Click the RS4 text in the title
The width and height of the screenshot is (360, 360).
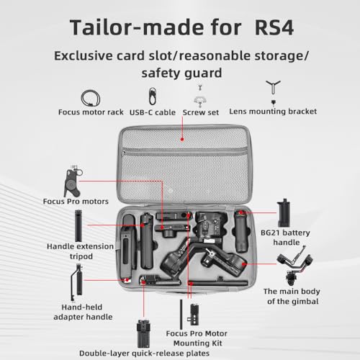click(274, 27)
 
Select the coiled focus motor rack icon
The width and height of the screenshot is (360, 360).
click(90, 98)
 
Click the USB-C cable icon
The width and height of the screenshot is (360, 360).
click(153, 96)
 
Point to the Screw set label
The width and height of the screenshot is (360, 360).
click(201, 112)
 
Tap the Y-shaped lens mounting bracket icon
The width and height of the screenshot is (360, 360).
click(273, 87)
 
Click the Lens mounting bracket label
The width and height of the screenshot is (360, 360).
click(273, 112)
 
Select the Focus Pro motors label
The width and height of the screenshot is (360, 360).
click(76, 202)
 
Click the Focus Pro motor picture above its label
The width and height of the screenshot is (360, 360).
click(73, 181)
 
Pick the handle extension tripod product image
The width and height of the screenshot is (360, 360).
click(78, 226)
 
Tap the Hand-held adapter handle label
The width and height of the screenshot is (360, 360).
click(83, 312)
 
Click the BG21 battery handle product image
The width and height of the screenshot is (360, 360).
click(284, 213)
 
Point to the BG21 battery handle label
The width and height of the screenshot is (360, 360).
click(285, 238)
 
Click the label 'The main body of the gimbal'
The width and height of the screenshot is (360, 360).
click(292, 296)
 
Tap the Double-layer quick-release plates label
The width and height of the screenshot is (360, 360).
click(144, 354)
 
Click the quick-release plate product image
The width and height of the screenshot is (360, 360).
click(143, 333)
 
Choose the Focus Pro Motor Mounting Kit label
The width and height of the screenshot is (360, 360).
click(197, 338)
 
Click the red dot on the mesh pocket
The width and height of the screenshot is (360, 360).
click(182, 139)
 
